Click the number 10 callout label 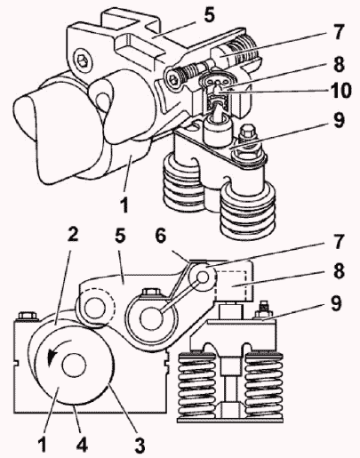pos(340,91)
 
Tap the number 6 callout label pos(161,237)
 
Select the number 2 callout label pos(72,234)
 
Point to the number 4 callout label pos(82,444)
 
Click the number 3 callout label pos(140,446)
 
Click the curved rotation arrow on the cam pos(58,349)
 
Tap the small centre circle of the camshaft pos(74,365)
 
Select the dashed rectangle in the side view pos(230,285)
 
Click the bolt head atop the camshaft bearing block pos(28,316)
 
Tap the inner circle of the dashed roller pos(94,308)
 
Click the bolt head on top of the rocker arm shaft pos(152,292)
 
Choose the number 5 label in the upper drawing pos(208,14)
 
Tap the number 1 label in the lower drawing pos(43,444)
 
